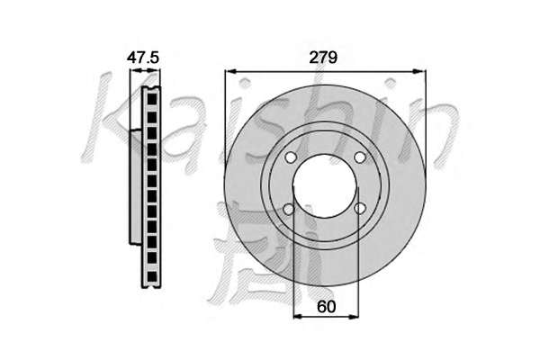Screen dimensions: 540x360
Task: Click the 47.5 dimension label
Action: click(x=143, y=58)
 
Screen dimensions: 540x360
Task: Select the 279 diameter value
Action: click(x=323, y=58)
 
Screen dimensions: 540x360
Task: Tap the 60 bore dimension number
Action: click(x=326, y=307)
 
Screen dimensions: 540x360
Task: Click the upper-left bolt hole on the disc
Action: click(x=291, y=157)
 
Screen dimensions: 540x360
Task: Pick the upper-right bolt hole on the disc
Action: click(x=359, y=157)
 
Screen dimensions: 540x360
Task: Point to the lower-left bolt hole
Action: click(x=289, y=209)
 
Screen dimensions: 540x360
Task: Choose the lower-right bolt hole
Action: click(x=360, y=209)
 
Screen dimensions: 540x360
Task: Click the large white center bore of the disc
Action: click(x=326, y=186)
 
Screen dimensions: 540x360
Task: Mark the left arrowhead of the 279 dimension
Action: click(x=230, y=71)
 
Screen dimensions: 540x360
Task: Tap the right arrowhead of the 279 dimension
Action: click(x=420, y=71)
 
